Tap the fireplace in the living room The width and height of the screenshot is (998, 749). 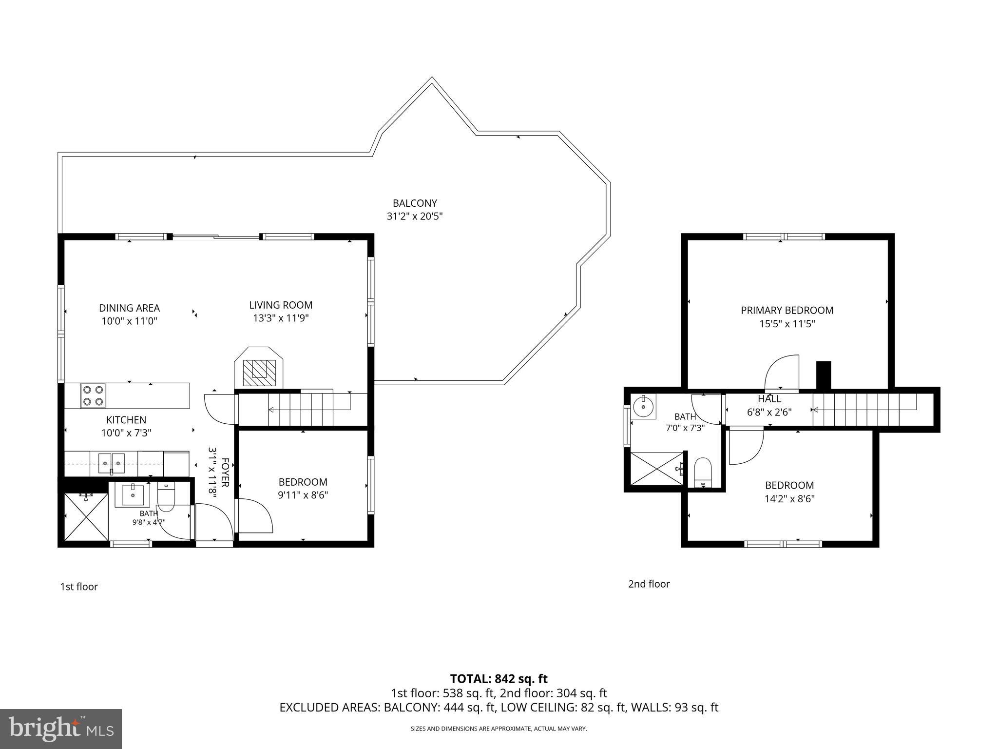point(259,367)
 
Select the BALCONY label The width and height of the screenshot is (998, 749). point(415,203)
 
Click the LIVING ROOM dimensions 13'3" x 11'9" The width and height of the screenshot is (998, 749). point(281,318)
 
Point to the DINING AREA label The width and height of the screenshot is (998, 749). point(129,308)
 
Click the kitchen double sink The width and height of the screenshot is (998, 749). point(112,463)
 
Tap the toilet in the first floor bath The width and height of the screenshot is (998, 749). point(166,496)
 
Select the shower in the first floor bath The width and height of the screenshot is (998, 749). point(86,516)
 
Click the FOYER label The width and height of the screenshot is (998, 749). point(225,472)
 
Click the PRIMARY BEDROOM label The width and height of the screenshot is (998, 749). point(787,310)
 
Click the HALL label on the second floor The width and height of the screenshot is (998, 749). point(769,399)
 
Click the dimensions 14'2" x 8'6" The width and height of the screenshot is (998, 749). point(789,499)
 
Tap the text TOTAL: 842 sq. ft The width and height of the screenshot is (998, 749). point(499,679)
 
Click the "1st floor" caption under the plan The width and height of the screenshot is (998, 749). point(79,587)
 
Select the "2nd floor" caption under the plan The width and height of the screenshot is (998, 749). point(649,584)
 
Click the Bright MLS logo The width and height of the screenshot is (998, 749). point(61,729)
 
